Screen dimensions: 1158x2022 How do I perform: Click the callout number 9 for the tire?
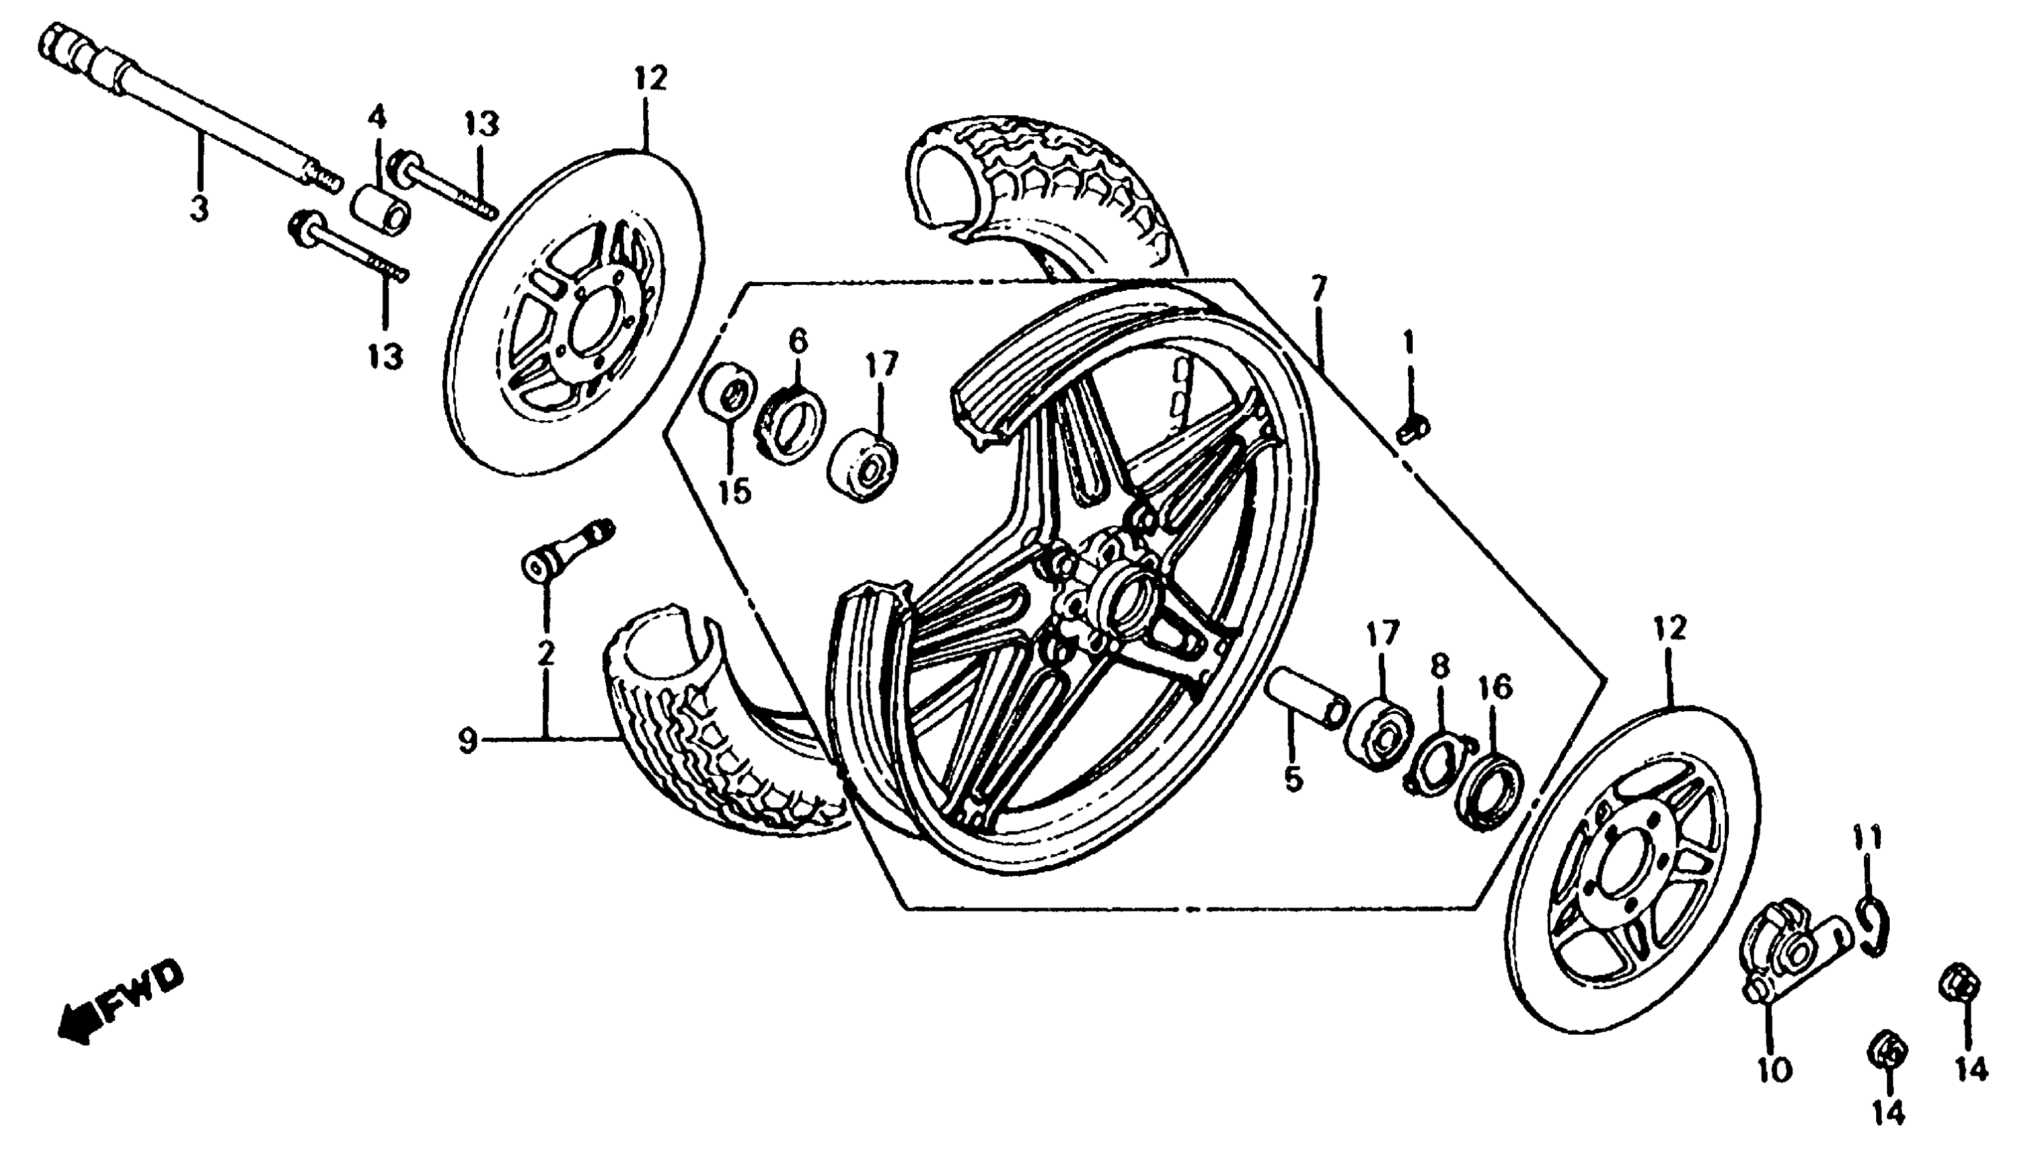click(468, 742)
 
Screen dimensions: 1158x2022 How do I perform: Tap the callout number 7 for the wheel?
click(1319, 289)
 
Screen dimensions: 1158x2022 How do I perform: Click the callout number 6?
click(798, 342)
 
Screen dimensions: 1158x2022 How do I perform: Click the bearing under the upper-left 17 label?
click(863, 465)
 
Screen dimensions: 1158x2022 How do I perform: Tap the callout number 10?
click(1773, 1069)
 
